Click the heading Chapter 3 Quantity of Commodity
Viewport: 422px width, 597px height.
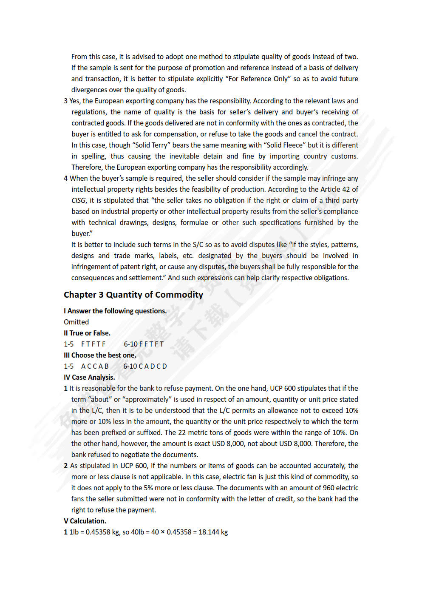tap(133, 295)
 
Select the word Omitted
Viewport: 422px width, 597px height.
tap(76, 322)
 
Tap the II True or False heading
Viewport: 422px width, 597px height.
tap(87, 333)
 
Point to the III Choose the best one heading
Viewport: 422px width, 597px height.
tap(100, 355)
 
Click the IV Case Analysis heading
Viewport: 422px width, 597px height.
tap(89, 377)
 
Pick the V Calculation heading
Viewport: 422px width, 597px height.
tap(85, 521)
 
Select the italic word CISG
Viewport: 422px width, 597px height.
tap(79, 200)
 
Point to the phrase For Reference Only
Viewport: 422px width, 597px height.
tap(258, 79)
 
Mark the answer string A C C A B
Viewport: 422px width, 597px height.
tap(95, 366)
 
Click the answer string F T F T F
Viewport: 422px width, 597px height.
tap(93, 344)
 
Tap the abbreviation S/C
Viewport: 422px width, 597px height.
tap(198, 244)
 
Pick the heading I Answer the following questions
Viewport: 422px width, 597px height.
tap(115, 311)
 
